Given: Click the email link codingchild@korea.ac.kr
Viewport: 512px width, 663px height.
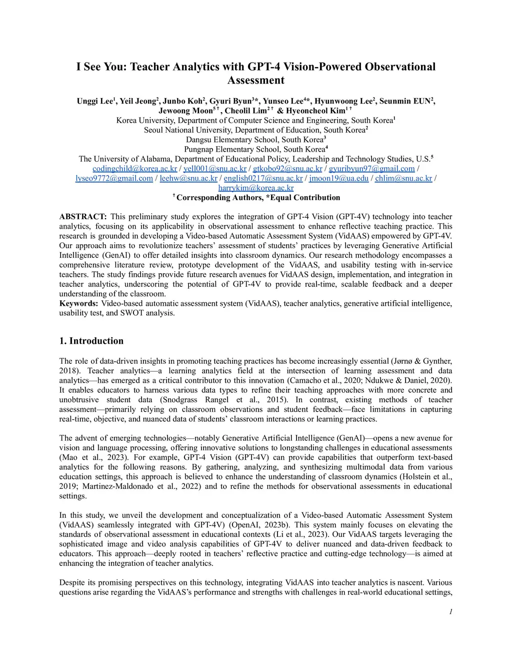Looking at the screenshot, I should click(134, 169).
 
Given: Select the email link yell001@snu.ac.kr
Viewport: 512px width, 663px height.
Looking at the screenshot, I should click(214, 169).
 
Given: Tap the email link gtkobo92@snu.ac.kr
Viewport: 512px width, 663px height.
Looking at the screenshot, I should click(287, 169).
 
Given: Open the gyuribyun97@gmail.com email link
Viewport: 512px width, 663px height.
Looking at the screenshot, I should click(371, 169).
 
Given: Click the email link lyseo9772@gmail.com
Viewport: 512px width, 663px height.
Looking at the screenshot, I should click(114, 178).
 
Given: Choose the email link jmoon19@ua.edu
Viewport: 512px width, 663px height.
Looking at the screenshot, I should click(338, 178).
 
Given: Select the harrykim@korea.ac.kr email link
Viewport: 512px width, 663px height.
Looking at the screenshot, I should click(255, 188).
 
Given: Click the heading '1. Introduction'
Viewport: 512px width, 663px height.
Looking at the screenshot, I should click(91, 341).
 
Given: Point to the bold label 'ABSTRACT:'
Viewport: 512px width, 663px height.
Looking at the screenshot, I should click(83, 217).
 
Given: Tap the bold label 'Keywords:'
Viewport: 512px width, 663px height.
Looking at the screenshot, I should click(78, 303).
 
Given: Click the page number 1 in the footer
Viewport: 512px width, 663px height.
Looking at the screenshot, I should click(450, 611).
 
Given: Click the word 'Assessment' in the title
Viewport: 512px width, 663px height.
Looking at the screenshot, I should click(255, 81).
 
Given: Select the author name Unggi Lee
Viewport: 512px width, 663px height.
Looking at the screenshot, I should click(94, 101).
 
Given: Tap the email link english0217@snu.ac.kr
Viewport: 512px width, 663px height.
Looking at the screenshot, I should click(263, 178).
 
